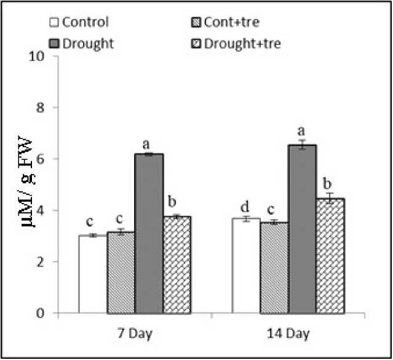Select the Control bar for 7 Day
[x=93, y=274]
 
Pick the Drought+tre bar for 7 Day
[x=176, y=265]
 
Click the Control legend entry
[x=79, y=23]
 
